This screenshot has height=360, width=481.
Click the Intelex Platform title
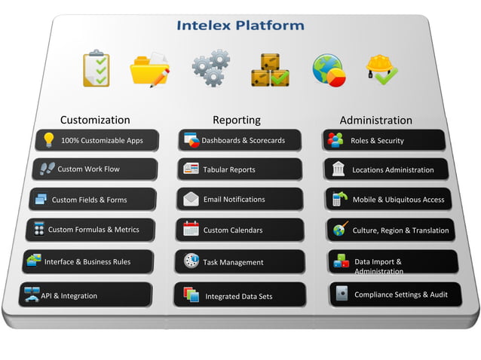pos(240,25)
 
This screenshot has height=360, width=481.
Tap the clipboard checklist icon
pos(96,69)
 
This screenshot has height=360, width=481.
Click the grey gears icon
pos(210,69)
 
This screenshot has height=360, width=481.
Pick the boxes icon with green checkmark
pos(269,69)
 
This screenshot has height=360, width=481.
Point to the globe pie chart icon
pos(329,70)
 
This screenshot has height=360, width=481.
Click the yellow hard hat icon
pos(381,69)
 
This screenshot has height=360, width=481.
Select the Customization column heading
pos(95,120)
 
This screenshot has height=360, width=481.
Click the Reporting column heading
pos(236,120)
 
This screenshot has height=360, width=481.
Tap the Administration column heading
pos(375,121)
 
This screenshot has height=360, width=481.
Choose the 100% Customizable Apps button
pos(97,140)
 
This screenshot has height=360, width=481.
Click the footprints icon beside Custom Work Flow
pos(47,169)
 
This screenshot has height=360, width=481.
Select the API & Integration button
pos(87,295)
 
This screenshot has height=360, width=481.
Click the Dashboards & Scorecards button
pos(240,140)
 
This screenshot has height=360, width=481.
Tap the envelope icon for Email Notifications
pos(191,200)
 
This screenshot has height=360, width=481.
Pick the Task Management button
pos(240,262)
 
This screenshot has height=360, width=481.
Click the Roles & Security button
pos(384,140)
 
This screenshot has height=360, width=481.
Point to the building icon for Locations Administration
pos(338,169)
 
